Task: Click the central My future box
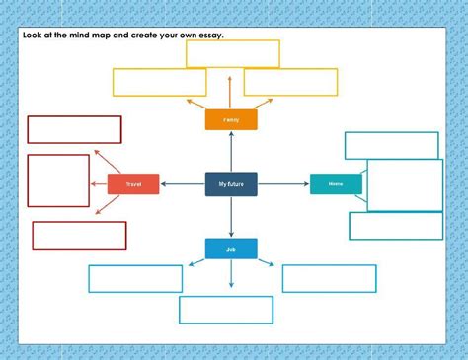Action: pyautogui.click(x=231, y=184)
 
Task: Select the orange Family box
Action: pyautogui.click(x=231, y=119)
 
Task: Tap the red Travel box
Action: pyautogui.click(x=133, y=184)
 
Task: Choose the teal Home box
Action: pyautogui.click(x=336, y=184)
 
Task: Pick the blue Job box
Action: pyautogui.click(x=231, y=249)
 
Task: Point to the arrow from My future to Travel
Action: pyautogui.click(x=183, y=184)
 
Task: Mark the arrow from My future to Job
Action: pyautogui.click(x=231, y=217)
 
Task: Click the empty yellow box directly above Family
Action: pyautogui.click(x=233, y=53)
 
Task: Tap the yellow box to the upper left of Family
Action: pyautogui.click(x=160, y=82)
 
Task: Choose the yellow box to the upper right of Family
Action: pyautogui.click(x=290, y=82)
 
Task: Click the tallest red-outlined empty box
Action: pyautogui.click(x=58, y=180)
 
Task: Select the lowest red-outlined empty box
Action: pyautogui.click(x=79, y=235)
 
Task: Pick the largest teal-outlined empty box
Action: pyautogui.click(x=405, y=185)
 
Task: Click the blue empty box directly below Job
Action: pyautogui.click(x=226, y=310)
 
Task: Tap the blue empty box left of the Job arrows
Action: pyautogui.click(x=135, y=278)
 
